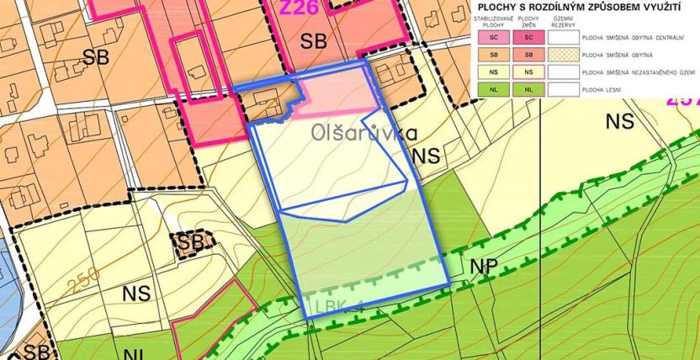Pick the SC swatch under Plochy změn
tap(528, 37)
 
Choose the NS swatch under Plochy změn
tap(528, 71)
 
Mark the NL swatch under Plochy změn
tap(528, 88)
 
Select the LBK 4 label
tap(340, 305)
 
